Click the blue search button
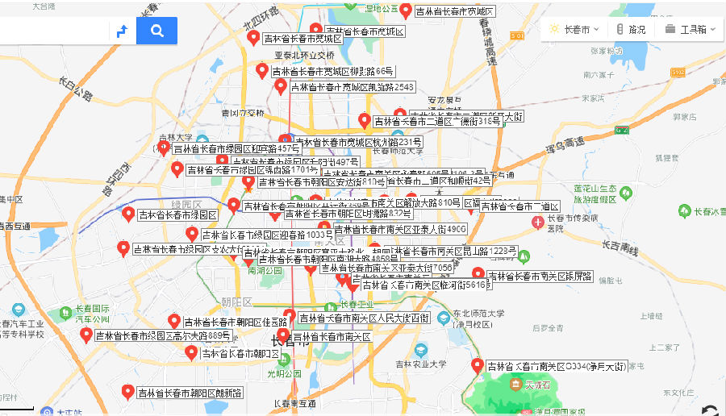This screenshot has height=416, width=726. coord(156,31)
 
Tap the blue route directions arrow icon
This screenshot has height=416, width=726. coord(122,31)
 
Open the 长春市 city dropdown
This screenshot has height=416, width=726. coord(574,29)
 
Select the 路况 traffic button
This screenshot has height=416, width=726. coord(630,29)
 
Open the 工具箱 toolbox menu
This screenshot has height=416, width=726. coord(686,29)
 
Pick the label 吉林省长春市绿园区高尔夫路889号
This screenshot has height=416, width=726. coord(163,335)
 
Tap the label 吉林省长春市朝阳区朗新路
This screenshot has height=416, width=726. coord(190,393)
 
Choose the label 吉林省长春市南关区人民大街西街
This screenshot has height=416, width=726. coord(364,318)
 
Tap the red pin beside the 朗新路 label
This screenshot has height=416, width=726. coord(127,392)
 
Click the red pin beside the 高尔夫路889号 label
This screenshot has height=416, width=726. coord(86,334)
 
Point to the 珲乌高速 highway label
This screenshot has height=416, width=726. coord(564,144)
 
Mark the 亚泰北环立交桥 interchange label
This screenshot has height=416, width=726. coord(304,55)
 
